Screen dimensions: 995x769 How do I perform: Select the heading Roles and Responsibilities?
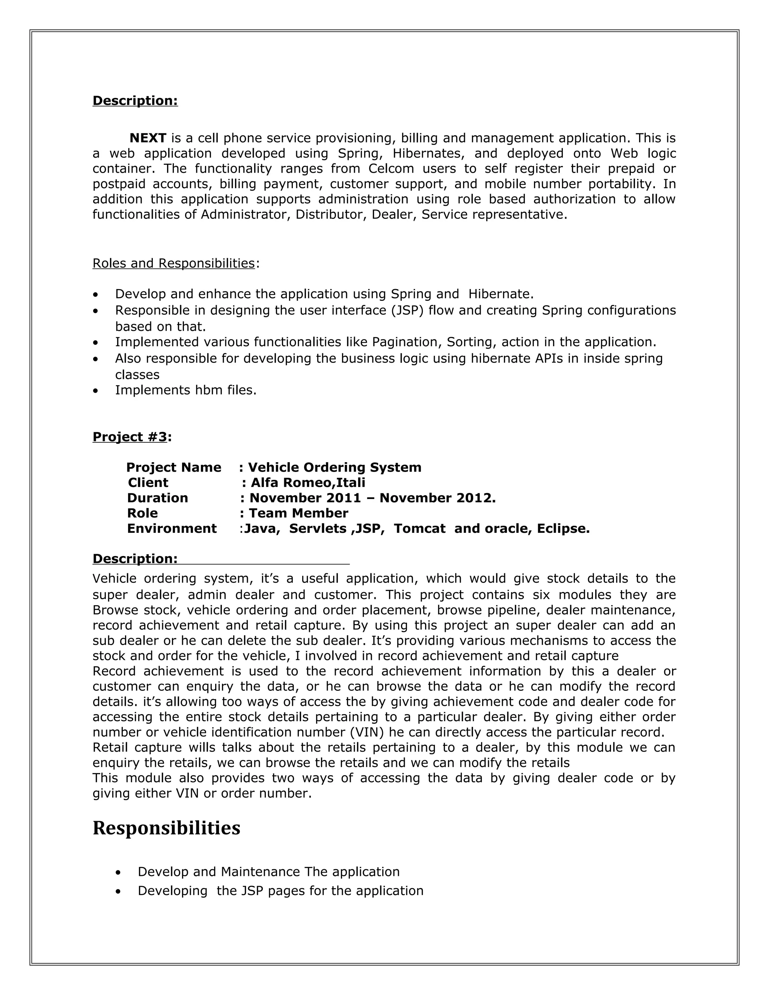[x=173, y=263]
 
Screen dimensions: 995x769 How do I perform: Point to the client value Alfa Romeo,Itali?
[x=308, y=482]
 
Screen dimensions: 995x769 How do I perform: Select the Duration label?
[x=157, y=498]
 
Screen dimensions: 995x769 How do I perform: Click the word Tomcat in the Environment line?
[x=419, y=529]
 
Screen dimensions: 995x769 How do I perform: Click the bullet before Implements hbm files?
[x=95, y=390]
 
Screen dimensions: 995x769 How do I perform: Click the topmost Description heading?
[x=135, y=101]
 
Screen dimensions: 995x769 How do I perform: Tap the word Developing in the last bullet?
[x=172, y=891]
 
